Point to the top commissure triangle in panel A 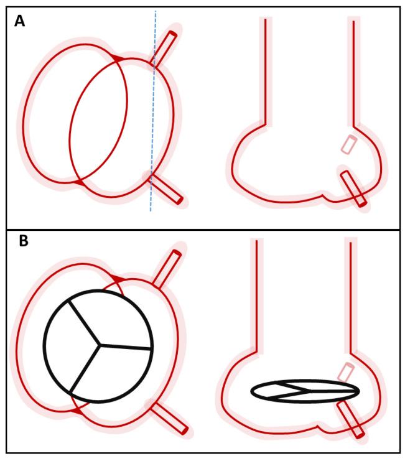[x=116, y=58]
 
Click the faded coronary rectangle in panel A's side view [x=348, y=144]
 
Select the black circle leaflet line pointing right [x=124, y=346]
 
